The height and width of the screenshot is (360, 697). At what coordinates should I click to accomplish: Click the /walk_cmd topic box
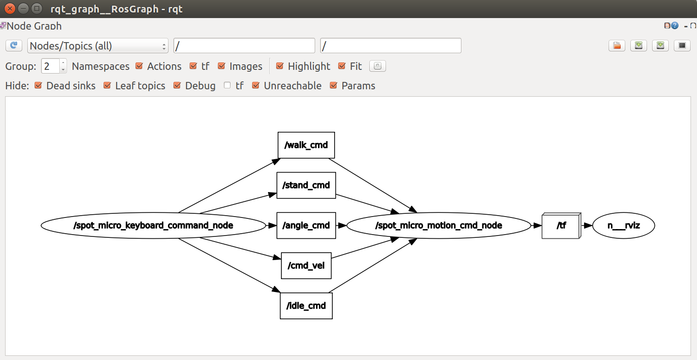coord(306,145)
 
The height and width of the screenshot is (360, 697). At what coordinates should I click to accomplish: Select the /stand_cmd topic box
coord(306,185)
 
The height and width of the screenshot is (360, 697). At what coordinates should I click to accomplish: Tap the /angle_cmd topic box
coord(306,225)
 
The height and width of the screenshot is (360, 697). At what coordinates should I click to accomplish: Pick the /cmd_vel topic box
coord(306,266)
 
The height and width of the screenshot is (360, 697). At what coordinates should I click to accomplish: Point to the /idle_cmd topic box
coord(306,306)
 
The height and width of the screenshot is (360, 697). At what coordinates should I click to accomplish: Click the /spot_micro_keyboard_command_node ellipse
coord(153,225)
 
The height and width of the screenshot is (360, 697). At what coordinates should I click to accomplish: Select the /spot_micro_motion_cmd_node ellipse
coord(438,225)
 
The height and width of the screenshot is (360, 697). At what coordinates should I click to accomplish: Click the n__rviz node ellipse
coord(623,225)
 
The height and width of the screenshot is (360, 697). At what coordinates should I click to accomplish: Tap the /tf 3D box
coord(561,226)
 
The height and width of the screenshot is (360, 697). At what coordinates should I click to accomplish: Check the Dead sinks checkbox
coord(38,86)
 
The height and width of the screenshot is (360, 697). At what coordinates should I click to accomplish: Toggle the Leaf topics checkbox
coord(107,86)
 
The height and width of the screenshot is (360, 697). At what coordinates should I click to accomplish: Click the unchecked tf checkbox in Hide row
coord(227,86)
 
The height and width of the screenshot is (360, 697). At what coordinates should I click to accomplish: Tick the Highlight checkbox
coord(280,66)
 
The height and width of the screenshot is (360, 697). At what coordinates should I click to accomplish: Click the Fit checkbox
coord(342,66)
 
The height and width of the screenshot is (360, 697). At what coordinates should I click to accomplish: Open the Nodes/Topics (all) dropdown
coord(98,46)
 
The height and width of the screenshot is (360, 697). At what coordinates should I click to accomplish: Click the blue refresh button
coord(14,45)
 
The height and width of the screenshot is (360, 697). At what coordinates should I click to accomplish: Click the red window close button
coord(10,8)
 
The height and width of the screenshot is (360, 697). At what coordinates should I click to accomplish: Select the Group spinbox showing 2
coord(50,66)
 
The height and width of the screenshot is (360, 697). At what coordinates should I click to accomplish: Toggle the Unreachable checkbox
coord(256,86)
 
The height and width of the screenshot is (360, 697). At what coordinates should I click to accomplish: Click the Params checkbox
coord(333,86)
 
